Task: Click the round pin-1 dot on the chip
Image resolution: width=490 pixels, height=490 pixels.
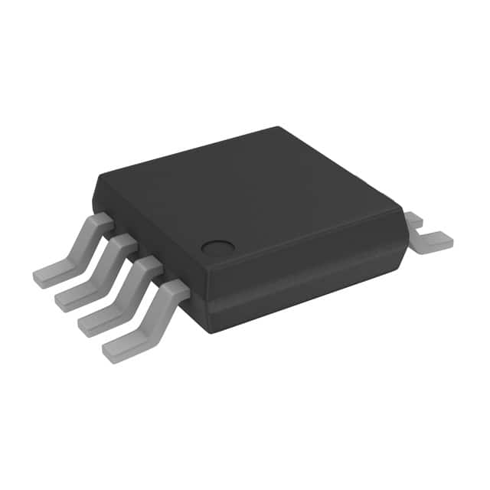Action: (217, 247)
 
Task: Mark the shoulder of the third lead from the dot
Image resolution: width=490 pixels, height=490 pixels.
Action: (127, 244)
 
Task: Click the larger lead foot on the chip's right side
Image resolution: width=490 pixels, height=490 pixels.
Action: (433, 241)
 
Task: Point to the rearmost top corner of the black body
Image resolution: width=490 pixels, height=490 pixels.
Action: (276, 128)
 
